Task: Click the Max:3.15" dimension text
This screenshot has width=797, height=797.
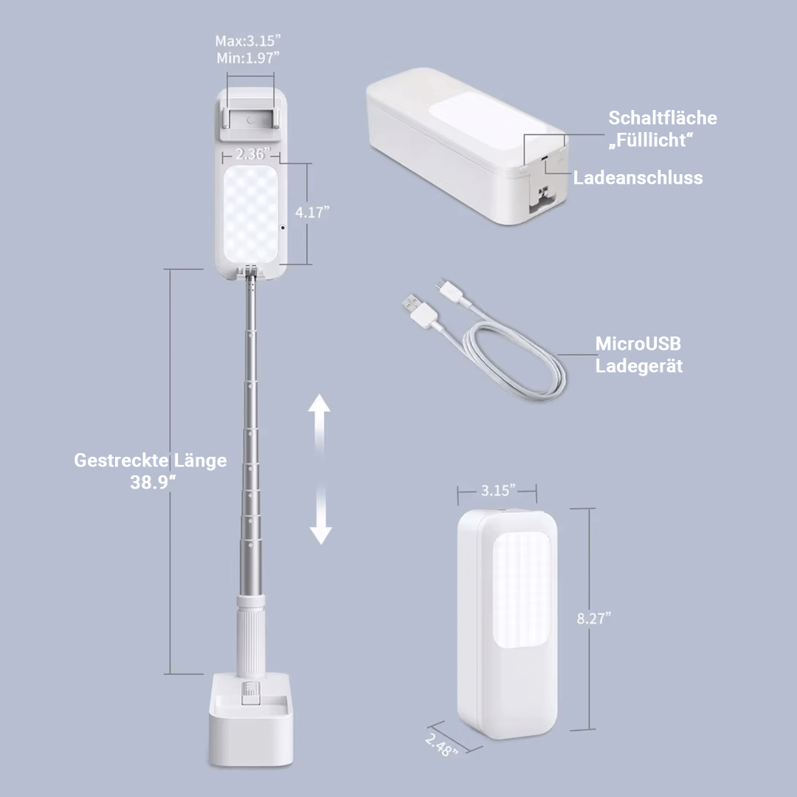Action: tap(248, 40)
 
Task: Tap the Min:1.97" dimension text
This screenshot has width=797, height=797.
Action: tap(248, 57)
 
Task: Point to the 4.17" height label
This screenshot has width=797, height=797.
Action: tap(312, 213)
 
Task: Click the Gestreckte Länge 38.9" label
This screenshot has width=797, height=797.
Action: tap(151, 471)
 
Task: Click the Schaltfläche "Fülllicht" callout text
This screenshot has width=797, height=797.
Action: tap(662, 129)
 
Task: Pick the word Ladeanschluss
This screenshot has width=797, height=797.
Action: tap(638, 177)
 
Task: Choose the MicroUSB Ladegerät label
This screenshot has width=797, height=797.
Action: tap(638, 354)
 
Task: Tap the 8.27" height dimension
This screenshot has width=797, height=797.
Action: tap(593, 618)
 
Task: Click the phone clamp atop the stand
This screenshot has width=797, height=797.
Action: tap(251, 118)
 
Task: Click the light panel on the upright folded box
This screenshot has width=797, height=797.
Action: tap(522, 590)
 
